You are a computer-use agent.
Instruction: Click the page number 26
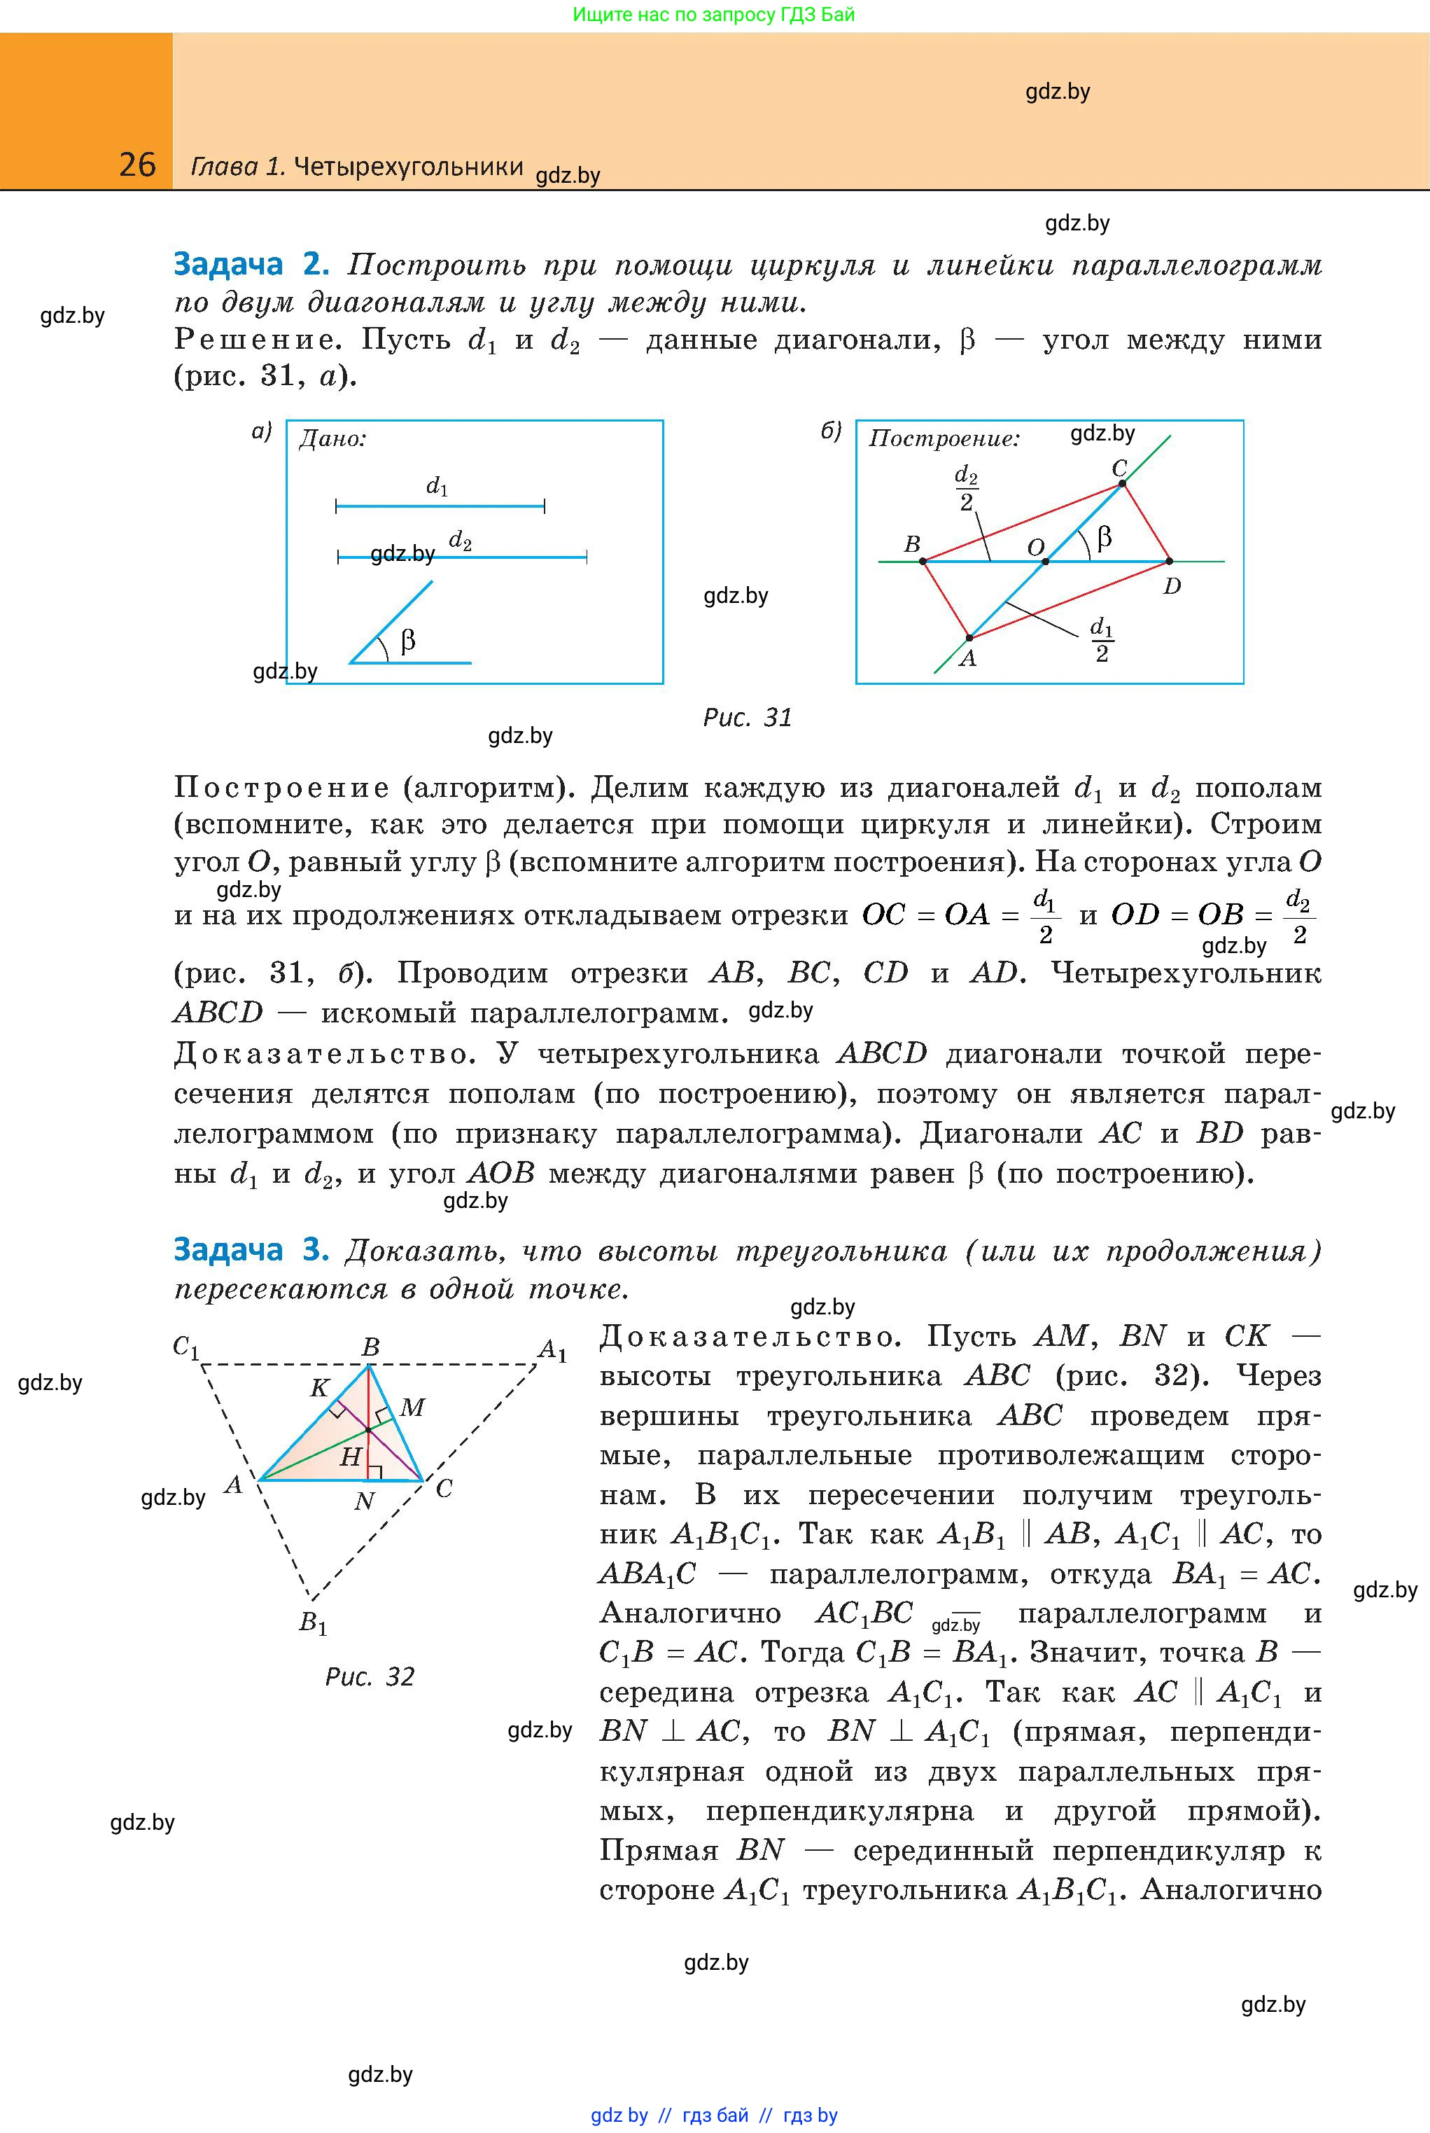(138, 165)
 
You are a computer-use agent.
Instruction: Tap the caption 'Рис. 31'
(747, 718)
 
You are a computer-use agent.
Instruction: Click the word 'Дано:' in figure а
(333, 440)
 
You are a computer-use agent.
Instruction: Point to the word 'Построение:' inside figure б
(944, 439)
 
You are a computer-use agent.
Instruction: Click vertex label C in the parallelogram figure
(1119, 468)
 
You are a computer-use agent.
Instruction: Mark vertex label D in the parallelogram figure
(1172, 587)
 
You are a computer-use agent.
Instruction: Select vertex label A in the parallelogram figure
(967, 658)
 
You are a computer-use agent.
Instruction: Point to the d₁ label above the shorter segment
(437, 486)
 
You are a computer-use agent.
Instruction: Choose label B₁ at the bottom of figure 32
(313, 1624)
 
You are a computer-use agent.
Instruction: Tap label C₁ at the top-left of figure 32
(186, 1347)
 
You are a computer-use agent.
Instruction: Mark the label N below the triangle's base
(364, 1501)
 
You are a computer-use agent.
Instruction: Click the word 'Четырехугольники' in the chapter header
(409, 166)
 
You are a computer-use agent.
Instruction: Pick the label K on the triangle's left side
(319, 1388)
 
